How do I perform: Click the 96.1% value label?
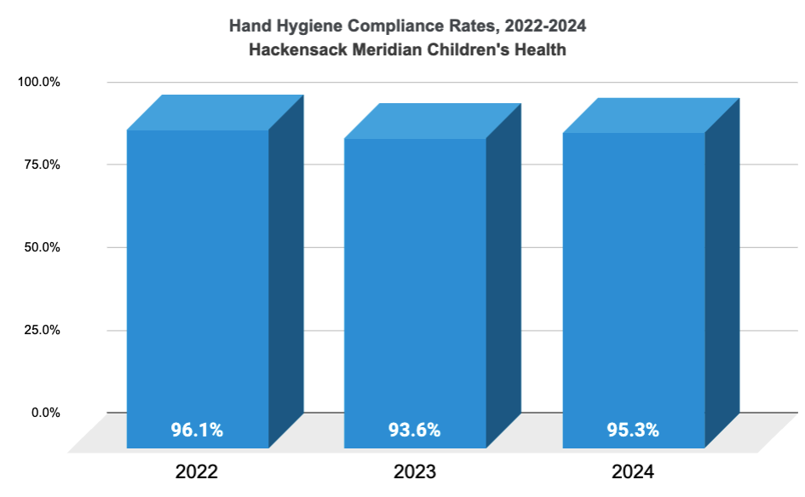pos(197,430)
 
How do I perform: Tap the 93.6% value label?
pos(415,430)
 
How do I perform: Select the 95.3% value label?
pos(633,430)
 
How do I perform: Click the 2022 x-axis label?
pos(197,471)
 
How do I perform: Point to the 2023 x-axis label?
pos(415,471)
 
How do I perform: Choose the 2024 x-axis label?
pos(633,471)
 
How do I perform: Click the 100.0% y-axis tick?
pos(39,83)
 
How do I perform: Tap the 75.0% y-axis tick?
pos(42,165)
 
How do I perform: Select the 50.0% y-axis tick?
pos(42,247)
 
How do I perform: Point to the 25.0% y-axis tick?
pos(42,330)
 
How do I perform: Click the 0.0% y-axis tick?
pos(44,413)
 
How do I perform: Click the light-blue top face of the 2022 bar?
pos(215,113)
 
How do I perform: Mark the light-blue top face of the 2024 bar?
pos(651,116)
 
